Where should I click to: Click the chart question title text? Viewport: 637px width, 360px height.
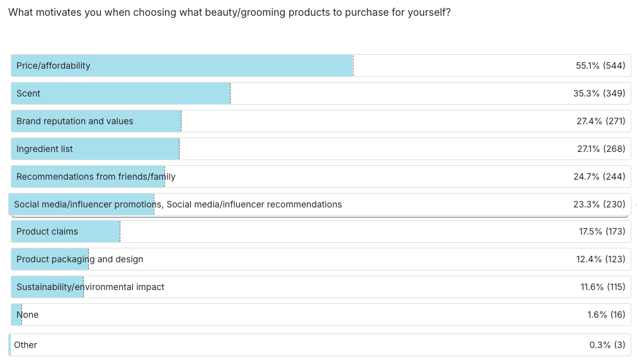click(229, 13)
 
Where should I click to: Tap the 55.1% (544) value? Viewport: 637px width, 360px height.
click(600, 66)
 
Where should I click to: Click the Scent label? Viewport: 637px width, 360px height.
click(28, 93)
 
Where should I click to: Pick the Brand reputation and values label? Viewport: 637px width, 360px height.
click(74, 121)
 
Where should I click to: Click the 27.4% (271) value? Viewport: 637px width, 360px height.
click(600, 121)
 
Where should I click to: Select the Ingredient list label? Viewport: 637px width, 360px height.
click(44, 149)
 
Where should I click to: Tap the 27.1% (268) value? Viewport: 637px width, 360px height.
click(600, 149)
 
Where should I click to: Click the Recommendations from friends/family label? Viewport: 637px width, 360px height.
click(96, 177)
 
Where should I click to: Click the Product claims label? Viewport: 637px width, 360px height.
click(47, 231)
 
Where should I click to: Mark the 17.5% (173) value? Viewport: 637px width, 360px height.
click(602, 231)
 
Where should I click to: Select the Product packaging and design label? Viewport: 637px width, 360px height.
click(79, 259)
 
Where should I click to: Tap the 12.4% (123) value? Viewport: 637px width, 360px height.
click(601, 259)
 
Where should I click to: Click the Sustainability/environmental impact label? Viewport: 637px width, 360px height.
click(90, 287)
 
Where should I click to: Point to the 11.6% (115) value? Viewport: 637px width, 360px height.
click(602, 287)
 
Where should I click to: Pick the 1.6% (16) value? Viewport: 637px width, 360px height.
click(606, 315)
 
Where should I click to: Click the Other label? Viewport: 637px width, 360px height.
click(25, 345)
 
